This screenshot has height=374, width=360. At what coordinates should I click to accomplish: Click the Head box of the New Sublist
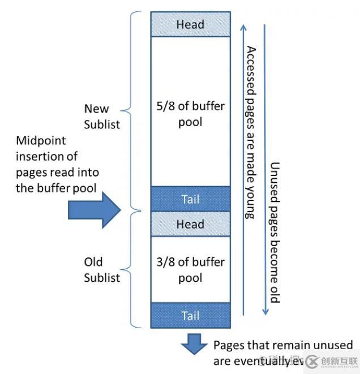pyautogui.click(x=190, y=24)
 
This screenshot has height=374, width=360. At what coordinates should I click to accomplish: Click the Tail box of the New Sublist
pyautogui.click(x=190, y=199)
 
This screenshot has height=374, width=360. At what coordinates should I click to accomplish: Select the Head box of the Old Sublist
pyautogui.click(x=190, y=224)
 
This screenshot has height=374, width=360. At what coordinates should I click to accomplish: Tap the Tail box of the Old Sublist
pyautogui.click(x=190, y=315)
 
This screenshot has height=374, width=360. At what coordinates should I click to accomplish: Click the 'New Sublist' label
pyautogui.click(x=102, y=116)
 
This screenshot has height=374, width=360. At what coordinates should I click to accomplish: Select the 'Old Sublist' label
pyautogui.click(x=102, y=270)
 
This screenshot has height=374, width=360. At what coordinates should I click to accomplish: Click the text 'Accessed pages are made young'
pyautogui.click(x=250, y=132)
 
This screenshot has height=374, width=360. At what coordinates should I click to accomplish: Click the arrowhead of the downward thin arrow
pyautogui.click(x=264, y=312)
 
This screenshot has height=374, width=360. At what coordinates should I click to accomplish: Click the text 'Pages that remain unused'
pyautogui.click(x=282, y=345)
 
